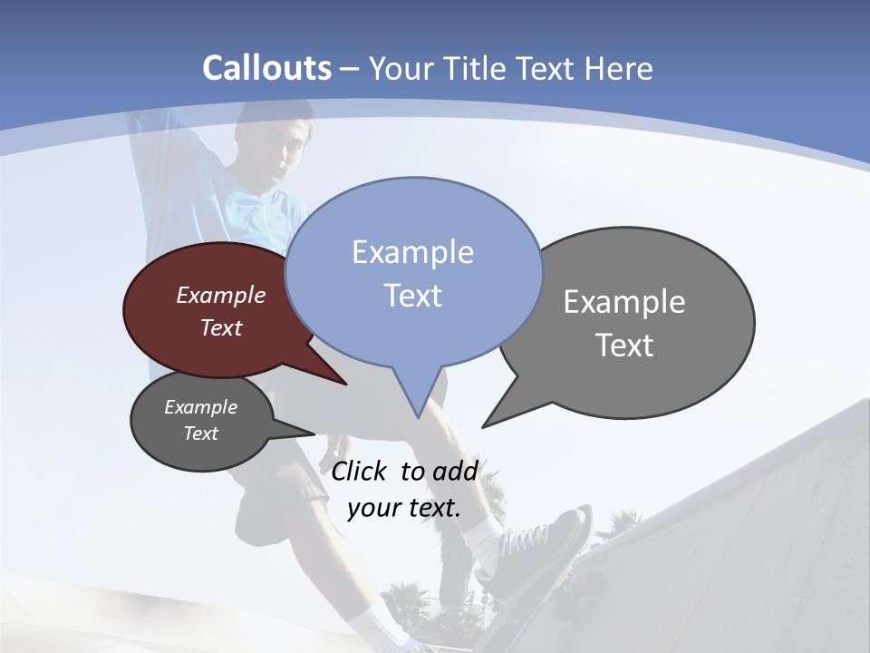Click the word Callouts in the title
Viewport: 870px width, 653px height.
pyautogui.click(x=266, y=68)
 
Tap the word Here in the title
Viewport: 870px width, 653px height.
pyautogui.click(x=619, y=69)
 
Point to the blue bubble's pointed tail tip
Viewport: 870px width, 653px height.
pyautogui.click(x=418, y=416)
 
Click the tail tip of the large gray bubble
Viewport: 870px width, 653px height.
pyautogui.click(x=484, y=425)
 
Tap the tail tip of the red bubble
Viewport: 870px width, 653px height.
pyautogui.click(x=345, y=384)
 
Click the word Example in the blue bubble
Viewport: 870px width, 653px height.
pyautogui.click(x=412, y=251)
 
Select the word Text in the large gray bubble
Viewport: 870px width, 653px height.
pyautogui.click(x=624, y=346)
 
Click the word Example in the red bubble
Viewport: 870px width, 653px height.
pyautogui.click(x=221, y=295)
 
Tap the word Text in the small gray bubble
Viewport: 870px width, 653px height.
pyautogui.click(x=201, y=434)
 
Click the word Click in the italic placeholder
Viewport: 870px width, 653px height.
pyautogui.click(x=359, y=471)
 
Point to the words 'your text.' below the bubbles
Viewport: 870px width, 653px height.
pyautogui.click(x=404, y=507)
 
